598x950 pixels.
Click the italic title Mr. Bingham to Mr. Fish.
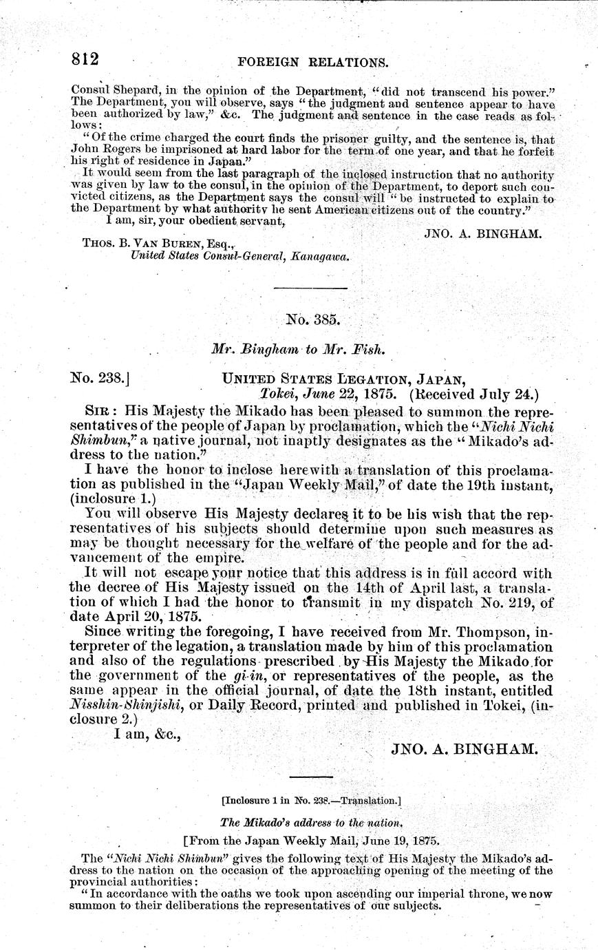[298, 349]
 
